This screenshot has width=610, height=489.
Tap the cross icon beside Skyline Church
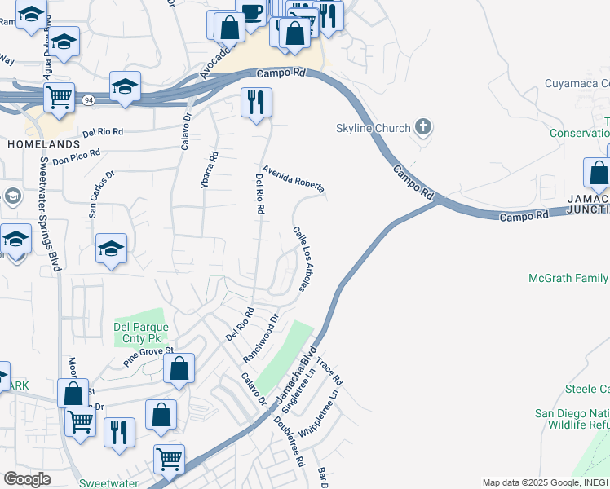pyautogui.click(x=422, y=127)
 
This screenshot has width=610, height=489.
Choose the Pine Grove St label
pyautogui.click(x=149, y=356)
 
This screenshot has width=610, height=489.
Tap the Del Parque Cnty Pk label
pyautogui.click(x=139, y=331)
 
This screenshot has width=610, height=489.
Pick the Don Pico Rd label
pyautogui.click(x=76, y=157)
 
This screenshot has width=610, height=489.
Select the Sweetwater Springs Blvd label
pyautogui.click(x=48, y=214)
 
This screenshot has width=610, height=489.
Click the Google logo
pyautogui.click(x=28, y=479)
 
